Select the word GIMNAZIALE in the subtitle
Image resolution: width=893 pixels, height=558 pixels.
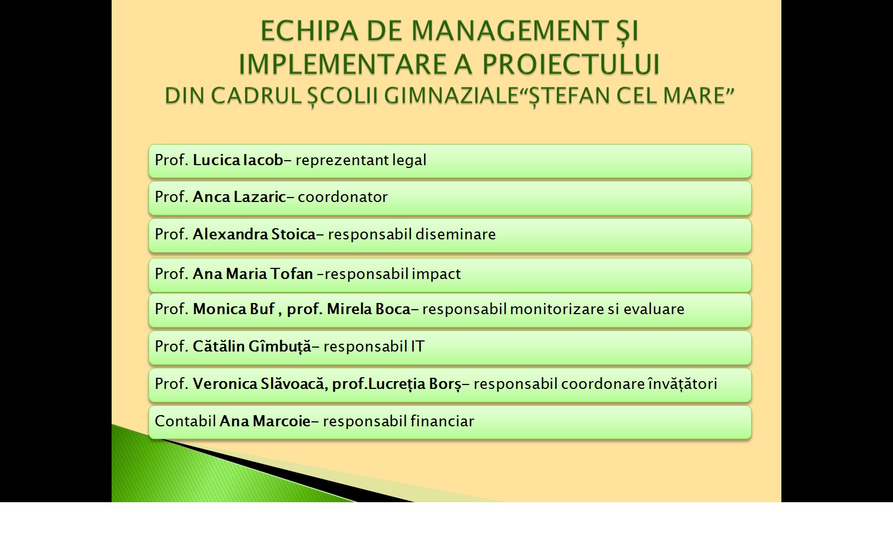[x=451, y=95]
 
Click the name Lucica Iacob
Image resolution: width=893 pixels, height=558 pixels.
[x=238, y=160]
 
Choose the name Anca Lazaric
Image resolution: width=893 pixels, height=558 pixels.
[x=239, y=197]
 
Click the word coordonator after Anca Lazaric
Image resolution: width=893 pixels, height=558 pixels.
[x=343, y=197]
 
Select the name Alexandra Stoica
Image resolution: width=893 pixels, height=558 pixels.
[x=255, y=234]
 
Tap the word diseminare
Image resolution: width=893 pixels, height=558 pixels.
[x=455, y=234]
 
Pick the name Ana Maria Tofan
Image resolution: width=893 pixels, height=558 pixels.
[x=253, y=274]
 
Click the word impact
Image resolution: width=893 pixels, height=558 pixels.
[x=436, y=275]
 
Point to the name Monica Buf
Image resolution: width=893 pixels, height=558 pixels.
[x=234, y=309]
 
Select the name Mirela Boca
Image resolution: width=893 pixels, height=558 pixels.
[x=369, y=309]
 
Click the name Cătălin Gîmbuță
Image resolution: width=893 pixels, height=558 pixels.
[x=252, y=347]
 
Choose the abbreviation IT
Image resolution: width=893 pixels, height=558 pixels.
[x=417, y=347]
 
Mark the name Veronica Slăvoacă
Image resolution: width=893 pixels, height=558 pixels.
[x=258, y=384]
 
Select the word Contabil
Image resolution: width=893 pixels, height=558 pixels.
[x=185, y=421]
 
